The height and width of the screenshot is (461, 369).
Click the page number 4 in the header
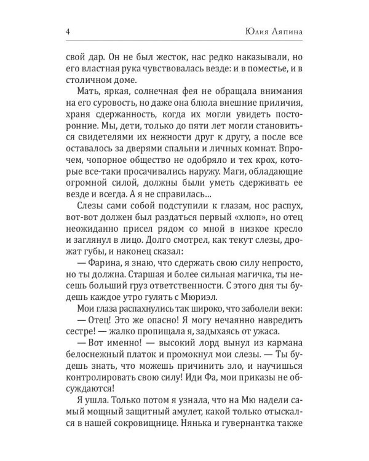pos(67,31)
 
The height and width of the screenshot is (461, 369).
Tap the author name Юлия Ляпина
pos(276,31)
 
